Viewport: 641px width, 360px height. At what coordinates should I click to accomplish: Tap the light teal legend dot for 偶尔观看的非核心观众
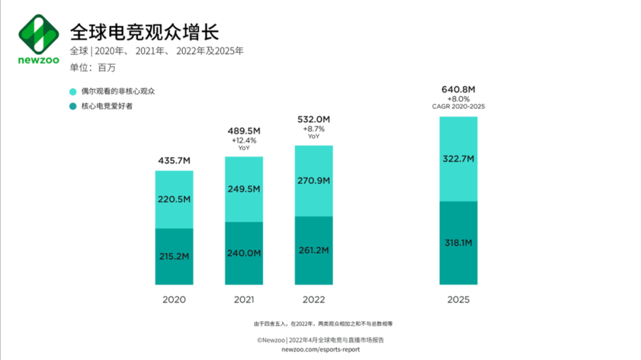coord(73,92)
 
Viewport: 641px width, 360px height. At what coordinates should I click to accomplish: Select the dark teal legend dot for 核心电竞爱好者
coord(73,107)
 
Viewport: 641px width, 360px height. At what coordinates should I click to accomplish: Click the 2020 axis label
coord(174,300)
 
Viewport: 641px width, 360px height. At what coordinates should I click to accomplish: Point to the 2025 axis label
coord(458,300)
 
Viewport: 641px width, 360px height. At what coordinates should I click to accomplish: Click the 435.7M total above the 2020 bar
coord(174,161)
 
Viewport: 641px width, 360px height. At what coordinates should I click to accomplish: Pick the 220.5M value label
coord(174,200)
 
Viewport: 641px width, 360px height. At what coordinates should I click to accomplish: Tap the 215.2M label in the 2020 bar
coord(174,256)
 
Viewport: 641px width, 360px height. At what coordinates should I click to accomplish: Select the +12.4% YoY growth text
coord(244,141)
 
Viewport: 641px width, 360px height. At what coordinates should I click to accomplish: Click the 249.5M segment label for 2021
coord(244,189)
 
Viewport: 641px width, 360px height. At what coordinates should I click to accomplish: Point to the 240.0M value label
coord(244,253)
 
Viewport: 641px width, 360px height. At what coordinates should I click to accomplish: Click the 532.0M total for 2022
coord(314,119)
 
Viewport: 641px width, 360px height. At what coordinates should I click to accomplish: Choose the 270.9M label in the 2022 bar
coord(314,180)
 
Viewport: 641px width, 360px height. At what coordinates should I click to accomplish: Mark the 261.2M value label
coord(314,250)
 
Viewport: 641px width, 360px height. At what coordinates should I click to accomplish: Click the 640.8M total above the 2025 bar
coord(458,90)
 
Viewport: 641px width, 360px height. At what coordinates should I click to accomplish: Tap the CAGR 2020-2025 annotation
coord(458,107)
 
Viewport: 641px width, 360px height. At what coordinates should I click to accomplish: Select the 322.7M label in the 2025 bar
coord(458,158)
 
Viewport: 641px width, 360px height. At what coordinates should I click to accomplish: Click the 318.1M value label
coord(458,243)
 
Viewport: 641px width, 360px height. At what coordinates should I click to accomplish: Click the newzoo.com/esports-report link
coord(320,350)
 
